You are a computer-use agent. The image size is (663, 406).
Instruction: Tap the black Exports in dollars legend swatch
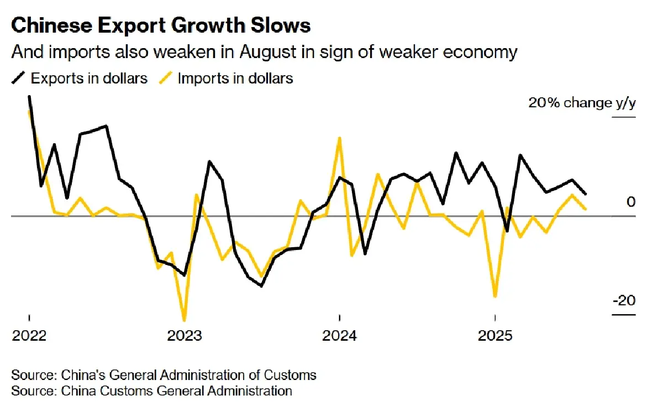click(x=19, y=78)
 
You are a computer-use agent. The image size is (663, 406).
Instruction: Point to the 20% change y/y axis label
click(x=582, y=103)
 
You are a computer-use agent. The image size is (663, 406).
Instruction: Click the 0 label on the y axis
click(x=631, y=202)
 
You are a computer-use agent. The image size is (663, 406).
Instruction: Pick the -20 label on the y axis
click(x=624, y=301)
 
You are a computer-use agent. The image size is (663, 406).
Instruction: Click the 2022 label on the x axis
click(x=29, y=336)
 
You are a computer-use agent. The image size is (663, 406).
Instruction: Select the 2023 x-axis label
click(x=185, y=336)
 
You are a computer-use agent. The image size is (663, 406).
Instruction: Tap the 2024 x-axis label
click(x=340, y=336)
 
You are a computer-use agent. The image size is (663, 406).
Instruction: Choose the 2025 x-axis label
click(x=495, y=336)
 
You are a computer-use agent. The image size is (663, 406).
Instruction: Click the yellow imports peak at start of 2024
click(x=340, y=138)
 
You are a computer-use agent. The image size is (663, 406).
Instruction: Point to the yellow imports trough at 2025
click(x=495, y=296)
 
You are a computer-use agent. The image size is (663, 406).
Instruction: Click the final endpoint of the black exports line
click(x=585, y=194)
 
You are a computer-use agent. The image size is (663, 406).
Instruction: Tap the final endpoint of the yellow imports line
click(x=585, y=209)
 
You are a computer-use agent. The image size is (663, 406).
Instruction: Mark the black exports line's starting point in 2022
click(x=29, y=97)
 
